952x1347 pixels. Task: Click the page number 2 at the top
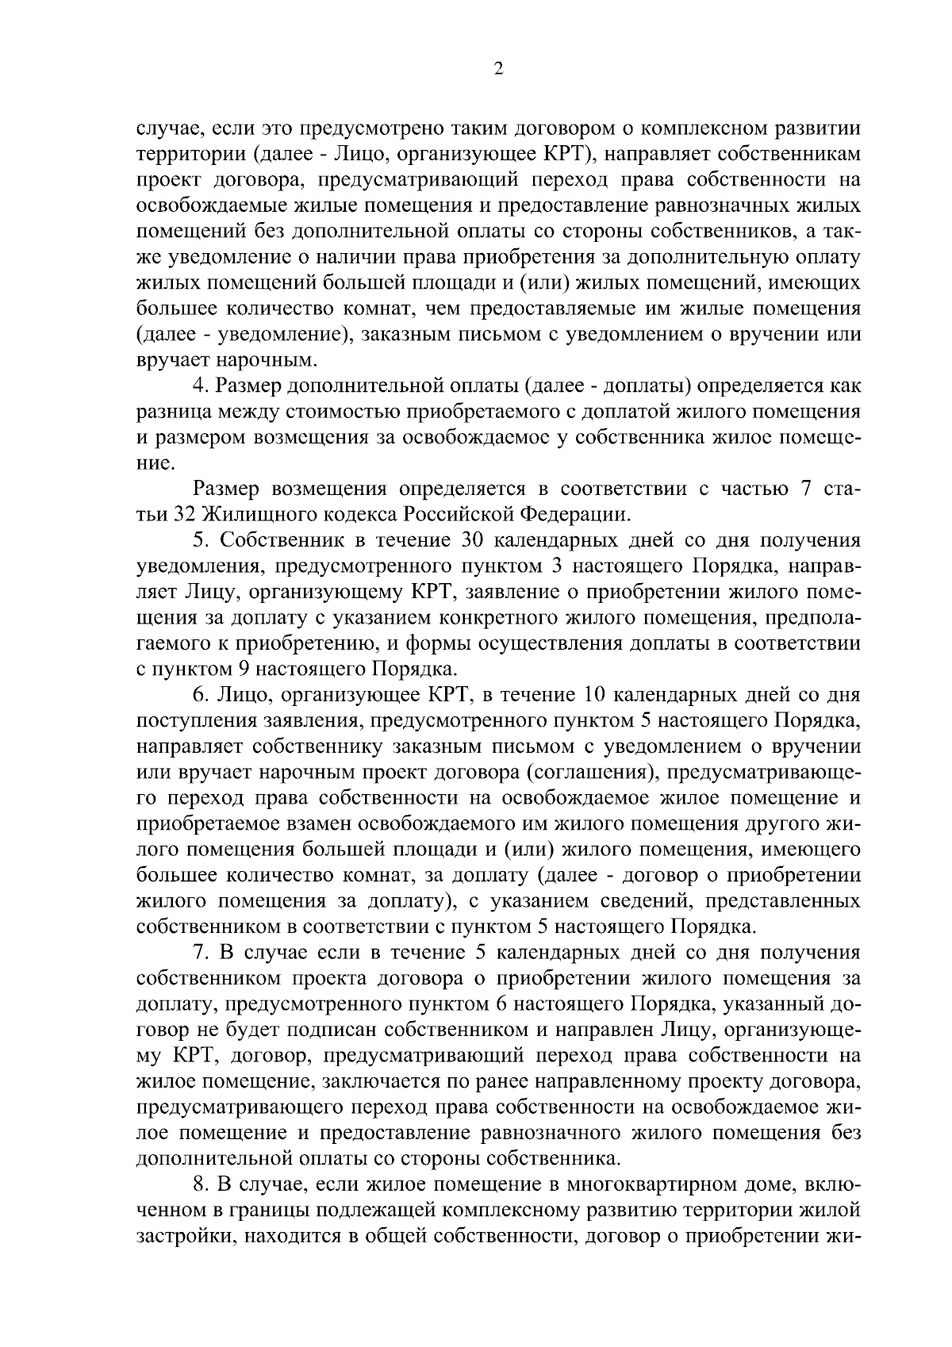(x=497, y=69)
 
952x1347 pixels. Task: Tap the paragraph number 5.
(x=199, y=540)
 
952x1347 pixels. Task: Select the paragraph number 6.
(x=199, y=695)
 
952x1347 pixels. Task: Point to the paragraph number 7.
(x=199, y=952)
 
